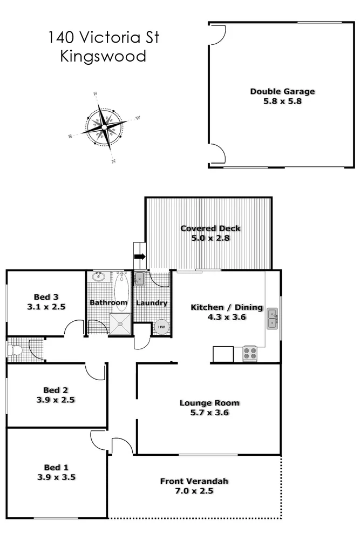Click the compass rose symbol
click(104, 127)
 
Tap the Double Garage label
click(282, 91)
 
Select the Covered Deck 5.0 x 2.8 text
click(210, 233)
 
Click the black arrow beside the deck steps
click(139, 257)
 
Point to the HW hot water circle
click(161, 327)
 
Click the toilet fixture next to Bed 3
click(16, 350)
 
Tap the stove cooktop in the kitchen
click(250, 353)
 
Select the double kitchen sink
click(273, 319)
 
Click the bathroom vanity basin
click(99, 278)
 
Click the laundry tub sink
click(139, 279)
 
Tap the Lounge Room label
click(209, 403)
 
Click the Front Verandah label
click(194, 481)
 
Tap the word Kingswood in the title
click(104, 56)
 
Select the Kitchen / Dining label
click(227, 307)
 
